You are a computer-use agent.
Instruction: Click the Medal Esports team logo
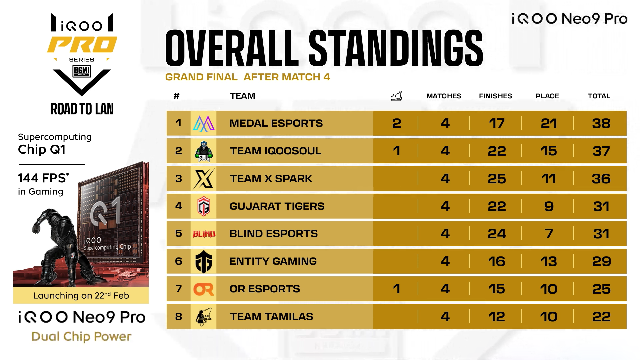pos(204,123)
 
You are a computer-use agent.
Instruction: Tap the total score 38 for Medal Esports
pos(601,123)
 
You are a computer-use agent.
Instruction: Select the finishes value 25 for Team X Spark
pos(497,179)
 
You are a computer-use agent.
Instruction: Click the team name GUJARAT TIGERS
pos(277,206)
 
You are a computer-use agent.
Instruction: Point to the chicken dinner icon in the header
pos(396,96)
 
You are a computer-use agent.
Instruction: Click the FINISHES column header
pos(495,96)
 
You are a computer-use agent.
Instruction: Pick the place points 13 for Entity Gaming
pos(548,261)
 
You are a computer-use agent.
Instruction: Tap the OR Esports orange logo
pos(204,289)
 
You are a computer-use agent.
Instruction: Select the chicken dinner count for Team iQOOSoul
pos(396,151)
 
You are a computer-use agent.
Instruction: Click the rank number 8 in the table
pos(179,317)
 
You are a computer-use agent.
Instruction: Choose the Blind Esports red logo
pos(204,234)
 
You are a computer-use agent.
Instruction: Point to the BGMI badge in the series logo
pos(82,71)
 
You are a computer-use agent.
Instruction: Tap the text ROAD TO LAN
pos(82,109)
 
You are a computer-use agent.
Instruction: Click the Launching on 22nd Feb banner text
pos(81,296)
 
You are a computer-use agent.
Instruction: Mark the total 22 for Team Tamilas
pos(601,317)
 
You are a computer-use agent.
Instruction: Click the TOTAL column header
pos(599,96)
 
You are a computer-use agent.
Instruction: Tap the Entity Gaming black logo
pos(204,262)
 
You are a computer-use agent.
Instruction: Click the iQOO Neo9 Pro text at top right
pos(569,19)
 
